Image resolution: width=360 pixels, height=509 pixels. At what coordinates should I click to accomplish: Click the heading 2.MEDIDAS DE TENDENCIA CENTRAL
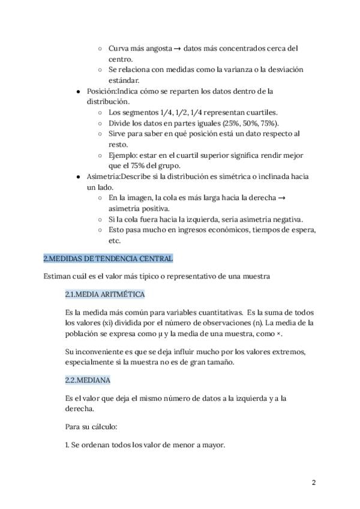pyautogui.click(x=108, y=259)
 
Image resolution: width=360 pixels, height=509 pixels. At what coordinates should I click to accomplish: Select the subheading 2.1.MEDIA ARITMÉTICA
pyautogui.click(x=104, y=295)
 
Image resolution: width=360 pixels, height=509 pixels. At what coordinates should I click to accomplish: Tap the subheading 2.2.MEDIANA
pyautogui.click(x=88, y=381)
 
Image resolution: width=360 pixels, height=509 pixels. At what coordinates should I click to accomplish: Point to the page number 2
pyautogui.click(x=313, y=483)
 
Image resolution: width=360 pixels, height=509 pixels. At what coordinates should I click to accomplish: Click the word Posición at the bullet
pyautogui.click(x=101, y=91)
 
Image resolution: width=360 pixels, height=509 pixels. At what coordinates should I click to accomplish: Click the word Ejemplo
pyautogui.click(x=125, y=155)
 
